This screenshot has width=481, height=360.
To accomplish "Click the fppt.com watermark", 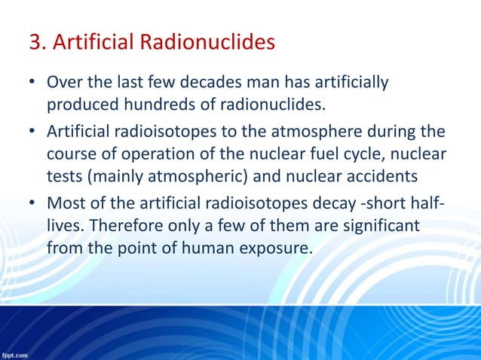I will (15, 354).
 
